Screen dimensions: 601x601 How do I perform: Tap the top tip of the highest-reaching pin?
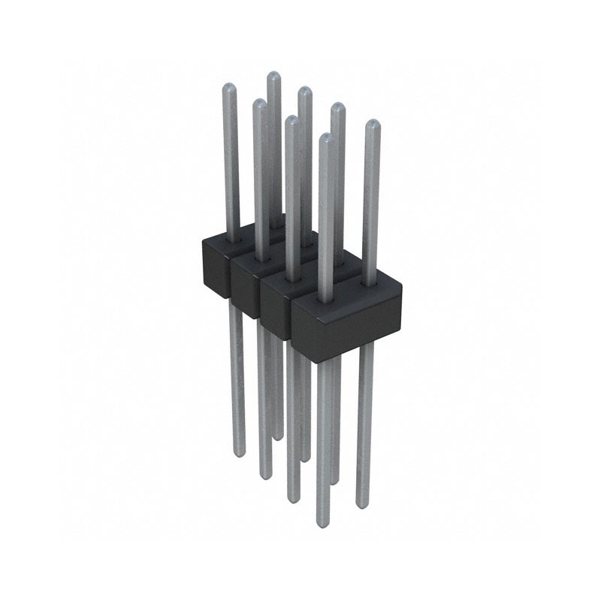point(273,74)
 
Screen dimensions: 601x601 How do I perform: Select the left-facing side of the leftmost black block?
point(214,270)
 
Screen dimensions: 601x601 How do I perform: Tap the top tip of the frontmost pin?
point(325,137)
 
